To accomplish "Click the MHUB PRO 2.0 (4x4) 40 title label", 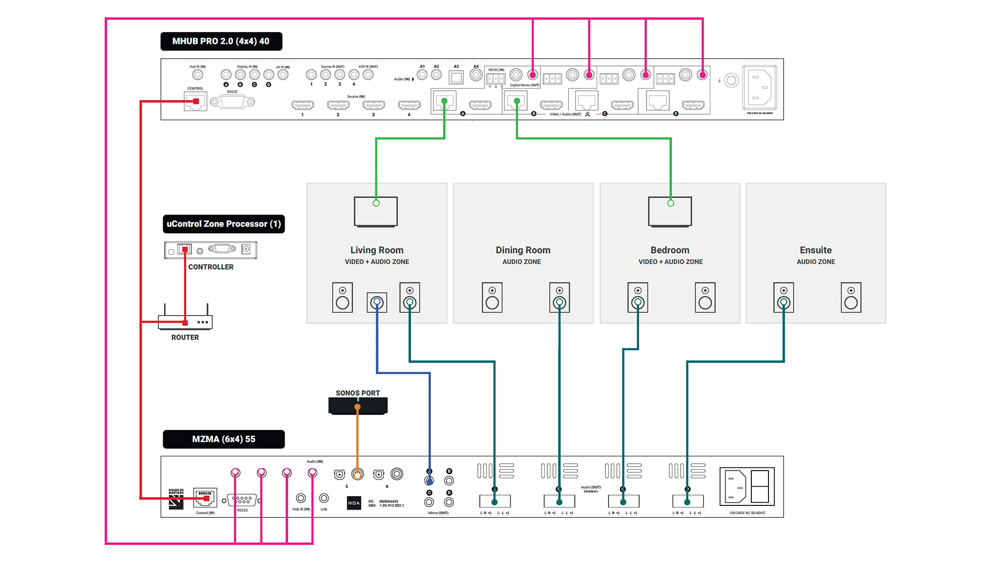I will click(x=221, y=41).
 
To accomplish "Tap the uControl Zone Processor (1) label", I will click(x=224, y=224).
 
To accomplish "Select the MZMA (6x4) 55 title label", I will click(x=224, y=439).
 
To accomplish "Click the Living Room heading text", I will click(x=376, y=250).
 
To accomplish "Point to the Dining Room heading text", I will click(x=523, y=250).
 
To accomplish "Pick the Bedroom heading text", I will click(x=670, y=250).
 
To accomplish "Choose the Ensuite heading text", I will click(x=815, y=250).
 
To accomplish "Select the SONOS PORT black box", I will click(x=358, y=406).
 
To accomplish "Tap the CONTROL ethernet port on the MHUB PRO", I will click(x=196, y=101).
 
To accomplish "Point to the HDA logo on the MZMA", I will click(x=354, y=503).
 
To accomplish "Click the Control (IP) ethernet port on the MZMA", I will click(x=205, y=498).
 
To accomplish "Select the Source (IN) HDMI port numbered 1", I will click(x=303, y=105).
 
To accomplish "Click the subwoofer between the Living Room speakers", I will click(x=377, y=302).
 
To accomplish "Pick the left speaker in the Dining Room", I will click(x=492, y=298).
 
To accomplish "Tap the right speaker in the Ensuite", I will click(x=851, y=298).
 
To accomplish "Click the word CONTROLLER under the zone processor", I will click(x=211, y=267).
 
